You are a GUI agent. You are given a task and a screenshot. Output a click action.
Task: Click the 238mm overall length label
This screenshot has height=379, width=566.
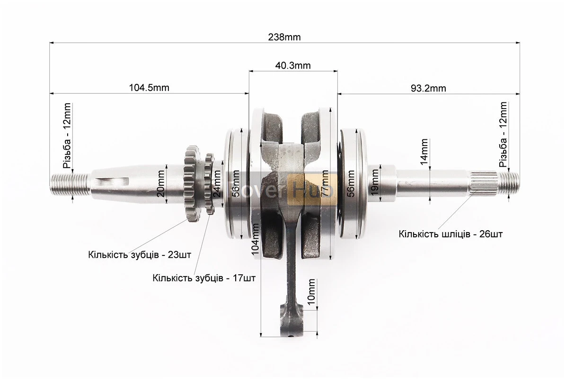click(x=284, y=37)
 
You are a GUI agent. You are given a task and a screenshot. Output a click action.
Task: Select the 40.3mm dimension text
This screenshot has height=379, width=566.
click(x=293, y=65)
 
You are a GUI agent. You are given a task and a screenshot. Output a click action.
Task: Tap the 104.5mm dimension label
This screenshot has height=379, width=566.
click(x=149, y=88)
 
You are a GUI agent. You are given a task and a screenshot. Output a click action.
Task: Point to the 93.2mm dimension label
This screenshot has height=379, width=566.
click(x=428, y=88)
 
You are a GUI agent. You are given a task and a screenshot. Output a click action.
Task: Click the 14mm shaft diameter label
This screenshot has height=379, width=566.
click(x=424, y=152)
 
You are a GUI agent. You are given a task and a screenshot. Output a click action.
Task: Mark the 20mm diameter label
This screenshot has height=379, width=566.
click(x=161, y=183)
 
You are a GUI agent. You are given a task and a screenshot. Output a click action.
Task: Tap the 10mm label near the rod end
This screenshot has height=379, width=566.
click(x=311, y=291)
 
